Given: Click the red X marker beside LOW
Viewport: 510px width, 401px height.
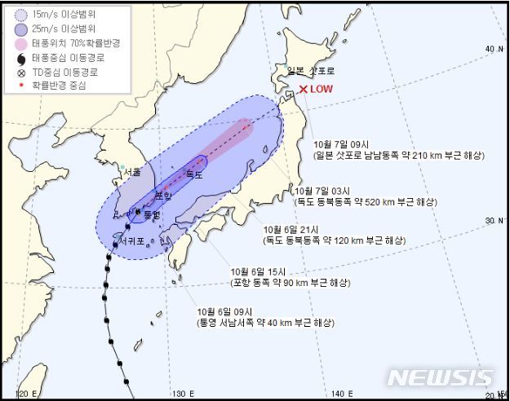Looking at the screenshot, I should (x=303, y=89).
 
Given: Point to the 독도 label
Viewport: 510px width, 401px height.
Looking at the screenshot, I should (x=193, y=174).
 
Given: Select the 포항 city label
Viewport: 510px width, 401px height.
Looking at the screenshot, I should (x=163, y=195).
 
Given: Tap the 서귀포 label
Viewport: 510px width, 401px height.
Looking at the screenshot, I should (x=131, y=242).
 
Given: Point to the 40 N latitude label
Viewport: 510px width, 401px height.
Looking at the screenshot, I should (x=493, y=49).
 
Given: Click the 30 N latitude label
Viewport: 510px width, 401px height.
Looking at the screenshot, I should (x=493, y=220).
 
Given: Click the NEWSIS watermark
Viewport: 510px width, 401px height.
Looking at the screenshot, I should (x=440, y=378).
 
